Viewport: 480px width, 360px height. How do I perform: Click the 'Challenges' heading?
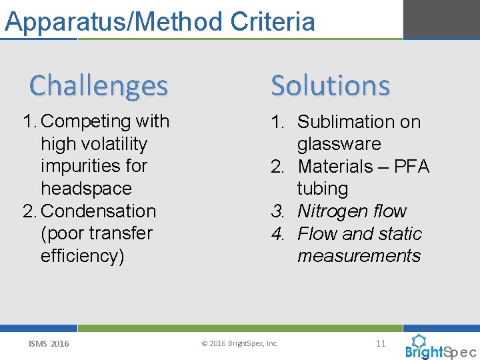pos(99,85)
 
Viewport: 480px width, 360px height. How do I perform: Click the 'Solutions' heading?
pos(330,85)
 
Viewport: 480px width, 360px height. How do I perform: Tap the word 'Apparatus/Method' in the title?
pos(114,21)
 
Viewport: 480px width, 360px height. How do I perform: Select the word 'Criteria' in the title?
pos(273,21)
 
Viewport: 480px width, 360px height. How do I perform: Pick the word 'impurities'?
pos(94,166)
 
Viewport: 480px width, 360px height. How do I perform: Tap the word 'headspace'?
pos(86,189)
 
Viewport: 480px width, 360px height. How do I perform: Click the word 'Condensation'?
pos(98,211)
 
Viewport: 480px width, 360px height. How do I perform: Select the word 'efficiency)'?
pos(83,256)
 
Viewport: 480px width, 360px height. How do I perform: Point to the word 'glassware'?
pos(339,144)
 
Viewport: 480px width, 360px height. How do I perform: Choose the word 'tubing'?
pos(323,189)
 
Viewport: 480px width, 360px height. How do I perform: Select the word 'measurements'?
pos(359,256)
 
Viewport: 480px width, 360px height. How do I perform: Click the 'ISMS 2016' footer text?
pos(49,344)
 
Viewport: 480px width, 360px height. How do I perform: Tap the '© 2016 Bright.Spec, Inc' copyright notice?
pos(239,344)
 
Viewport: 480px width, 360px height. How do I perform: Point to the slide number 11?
pos(381,343)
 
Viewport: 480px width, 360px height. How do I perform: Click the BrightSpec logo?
pos(439,349)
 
